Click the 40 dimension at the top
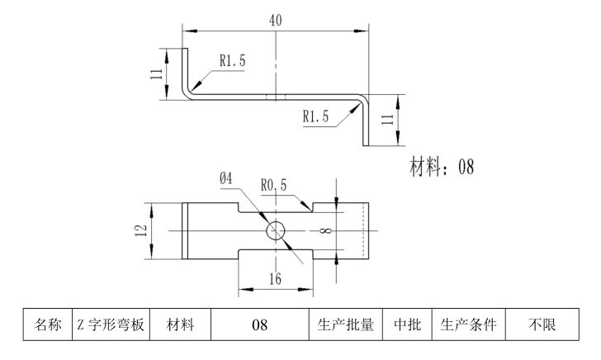coord(275,20)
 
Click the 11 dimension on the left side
coord(156,73)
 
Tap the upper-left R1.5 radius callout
coord(232,59)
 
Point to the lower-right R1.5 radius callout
coord(315,116)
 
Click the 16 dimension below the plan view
coord(275,279)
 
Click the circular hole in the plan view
coord(276,230)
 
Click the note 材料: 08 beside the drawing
coord(442,168)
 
